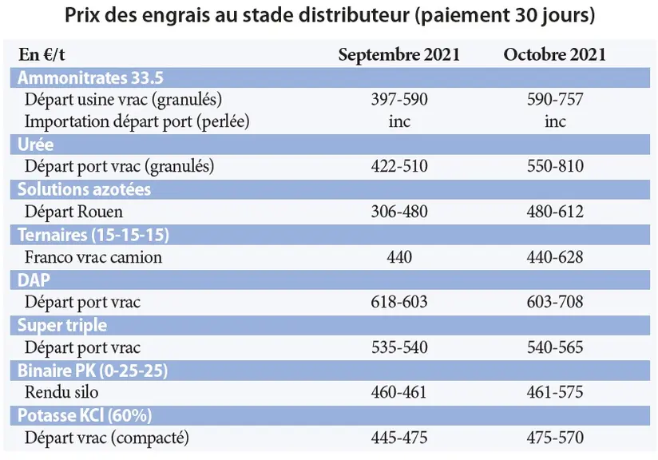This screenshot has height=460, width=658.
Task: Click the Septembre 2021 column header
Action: pos(398,54)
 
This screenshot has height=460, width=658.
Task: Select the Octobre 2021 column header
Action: pos(555,54)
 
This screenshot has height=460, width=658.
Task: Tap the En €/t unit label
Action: pos(42,54)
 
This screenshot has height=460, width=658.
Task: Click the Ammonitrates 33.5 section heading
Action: pos(90,77)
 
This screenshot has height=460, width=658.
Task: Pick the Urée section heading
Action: pos(36,145)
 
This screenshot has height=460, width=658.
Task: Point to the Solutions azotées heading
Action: pos(84,189)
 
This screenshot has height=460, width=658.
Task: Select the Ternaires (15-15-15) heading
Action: pos(93,235)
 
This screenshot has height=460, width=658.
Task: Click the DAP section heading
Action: pos(34,280)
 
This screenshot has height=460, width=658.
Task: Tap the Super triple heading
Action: pos(62,325)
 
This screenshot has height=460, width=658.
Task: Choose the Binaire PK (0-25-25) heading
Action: pos(93,371)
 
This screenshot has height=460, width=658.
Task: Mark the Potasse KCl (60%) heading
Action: pos(85,415)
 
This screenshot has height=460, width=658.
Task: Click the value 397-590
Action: pos(399,100)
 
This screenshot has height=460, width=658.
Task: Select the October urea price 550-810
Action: pos(555,166)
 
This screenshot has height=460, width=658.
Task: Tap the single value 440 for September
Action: pos(399,257)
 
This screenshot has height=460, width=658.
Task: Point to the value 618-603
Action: pos(399,302)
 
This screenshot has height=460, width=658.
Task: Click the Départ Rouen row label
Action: pos(73,212)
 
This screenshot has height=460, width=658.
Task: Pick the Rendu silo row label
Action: pos(61,392)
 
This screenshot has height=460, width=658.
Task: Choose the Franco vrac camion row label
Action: pos(93,257)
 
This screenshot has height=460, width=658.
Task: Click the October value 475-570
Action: pos(555,438)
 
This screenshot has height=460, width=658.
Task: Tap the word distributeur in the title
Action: pos(354,15)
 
